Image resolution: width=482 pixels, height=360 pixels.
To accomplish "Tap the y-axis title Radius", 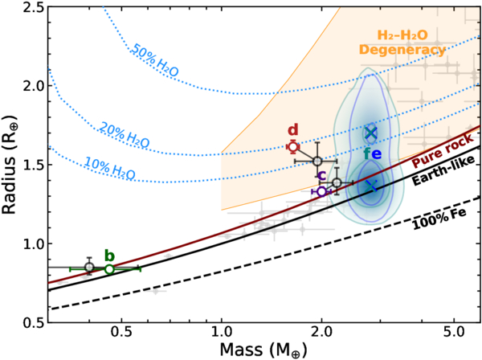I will point(10,165).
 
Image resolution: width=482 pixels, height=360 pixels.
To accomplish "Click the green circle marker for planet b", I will point(109,269).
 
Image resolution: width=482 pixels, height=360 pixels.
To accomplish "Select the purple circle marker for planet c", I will point(321,191).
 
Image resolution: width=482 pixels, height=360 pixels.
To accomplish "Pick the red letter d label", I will point(293,129).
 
